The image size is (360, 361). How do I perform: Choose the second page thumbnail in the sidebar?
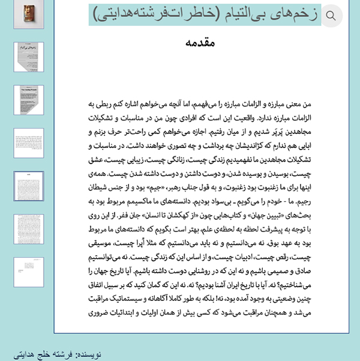tap(29, 58)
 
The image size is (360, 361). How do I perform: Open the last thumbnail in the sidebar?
tap(29, 272)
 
